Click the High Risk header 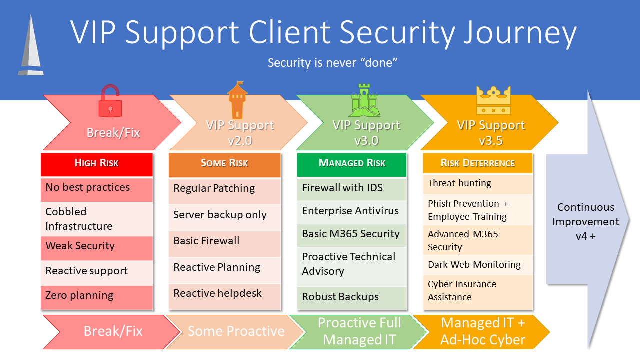96,163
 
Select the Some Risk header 224,163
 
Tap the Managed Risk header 352,163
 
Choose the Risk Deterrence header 477,163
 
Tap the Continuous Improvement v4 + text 585,221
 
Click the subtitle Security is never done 332,63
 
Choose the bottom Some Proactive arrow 235,331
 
